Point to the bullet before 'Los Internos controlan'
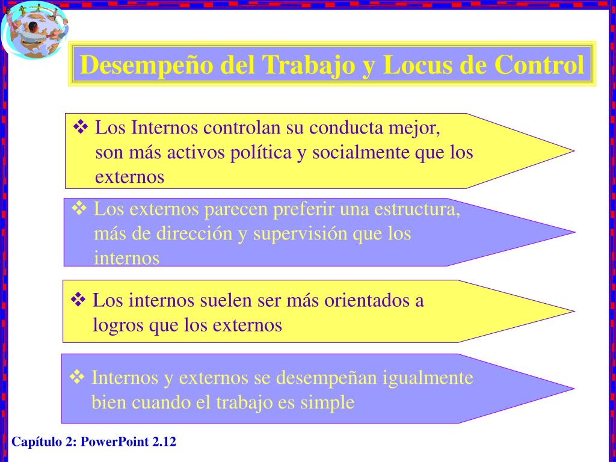click(81, 127)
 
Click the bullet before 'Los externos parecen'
click(79, 209)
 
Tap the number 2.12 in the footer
click(164, 442)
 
